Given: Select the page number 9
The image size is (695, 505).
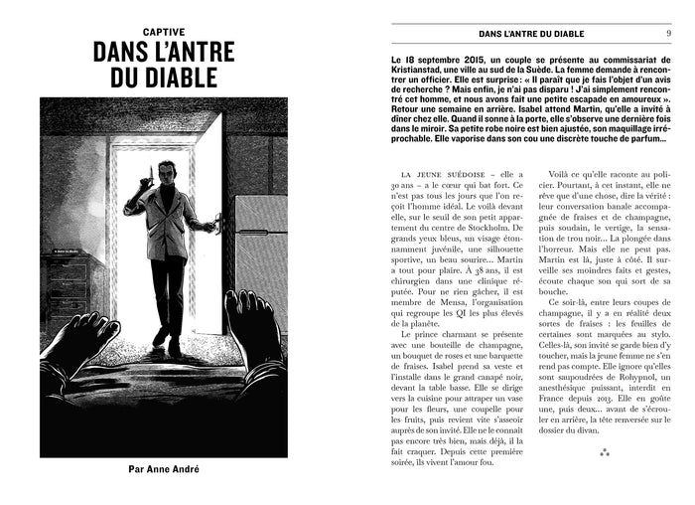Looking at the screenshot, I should [x=667, y=34].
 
